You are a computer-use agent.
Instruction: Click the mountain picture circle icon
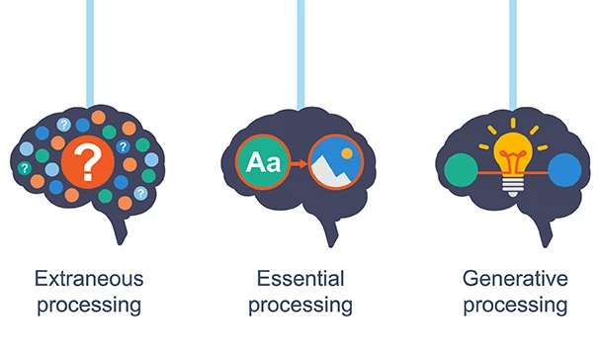[337, 162]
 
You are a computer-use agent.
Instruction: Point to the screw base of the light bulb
[513, 187]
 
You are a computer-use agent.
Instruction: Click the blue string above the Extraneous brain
[90, 40]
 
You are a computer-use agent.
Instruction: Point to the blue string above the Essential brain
[299, 40]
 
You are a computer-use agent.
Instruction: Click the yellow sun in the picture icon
[347, 152]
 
